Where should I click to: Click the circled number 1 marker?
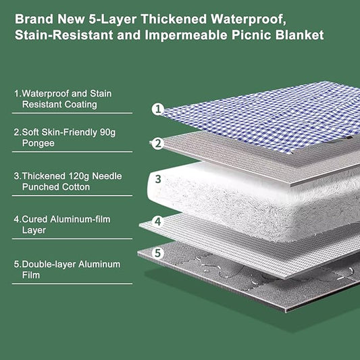coord(158,108)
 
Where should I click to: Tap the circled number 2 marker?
coord(158,143)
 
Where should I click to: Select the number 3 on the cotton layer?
coord(158,180)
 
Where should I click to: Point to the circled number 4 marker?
coord(158,221)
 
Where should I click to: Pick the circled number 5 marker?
coord(158,254)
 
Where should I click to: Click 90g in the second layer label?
coord(105,132)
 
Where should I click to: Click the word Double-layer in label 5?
coord(49,263)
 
